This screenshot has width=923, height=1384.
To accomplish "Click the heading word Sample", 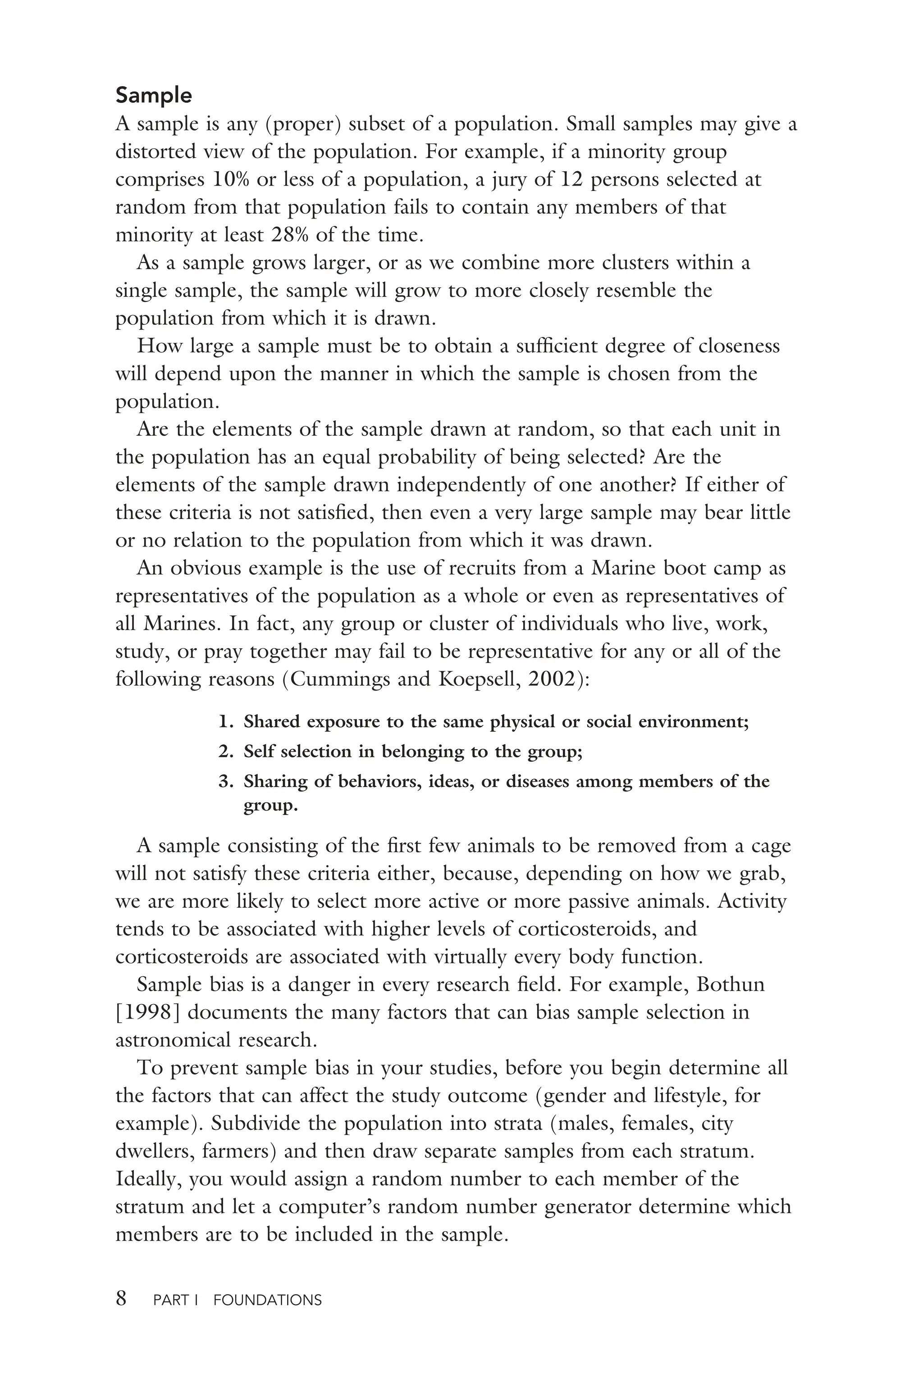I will coord(154,96).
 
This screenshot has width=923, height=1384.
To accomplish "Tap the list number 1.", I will coord(224,721).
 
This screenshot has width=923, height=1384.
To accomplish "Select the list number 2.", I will coord(224,751).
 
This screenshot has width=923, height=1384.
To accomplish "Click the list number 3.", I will coord(224,782).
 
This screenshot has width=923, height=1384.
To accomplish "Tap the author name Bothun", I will coord(731,984).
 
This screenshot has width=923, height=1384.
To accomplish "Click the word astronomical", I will coord(173,1040).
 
